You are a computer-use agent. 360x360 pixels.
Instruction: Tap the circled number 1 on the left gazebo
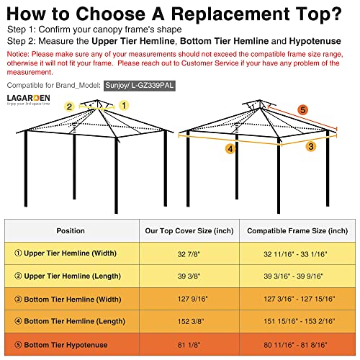pyautogui.click(x=123, y=104)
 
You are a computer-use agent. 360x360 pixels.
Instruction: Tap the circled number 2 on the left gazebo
pyautogui.click(x=69, y=106)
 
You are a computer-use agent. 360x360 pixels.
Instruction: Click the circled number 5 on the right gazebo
pyautogui.click(x=302, y=110)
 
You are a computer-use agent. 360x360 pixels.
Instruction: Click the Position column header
pyautogui.click(x=71, y=231)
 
